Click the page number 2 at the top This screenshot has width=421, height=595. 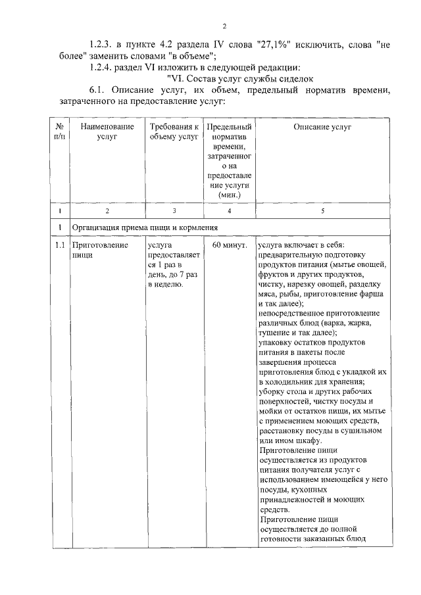coord(224,26)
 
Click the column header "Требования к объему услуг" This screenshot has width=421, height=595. coord(174,131)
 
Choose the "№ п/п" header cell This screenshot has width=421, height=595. coord(59,131)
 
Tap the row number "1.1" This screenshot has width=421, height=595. coord(59,245)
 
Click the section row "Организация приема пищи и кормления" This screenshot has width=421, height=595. coord(145,227)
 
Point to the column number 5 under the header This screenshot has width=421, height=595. coord(322,211)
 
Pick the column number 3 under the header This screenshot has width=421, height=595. coord(174,211)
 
